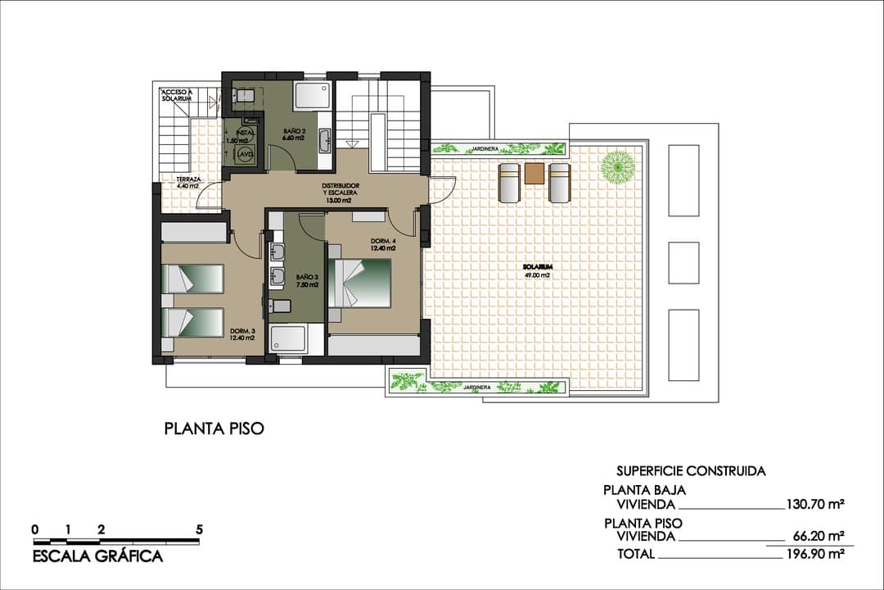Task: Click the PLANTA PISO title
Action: pos(214,429)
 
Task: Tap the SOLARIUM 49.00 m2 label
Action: pos(537,271)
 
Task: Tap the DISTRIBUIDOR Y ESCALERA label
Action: pos(339,193)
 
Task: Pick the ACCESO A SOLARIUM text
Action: pos(177,95)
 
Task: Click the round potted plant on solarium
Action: pos(617,167)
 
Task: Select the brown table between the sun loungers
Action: pos(534,173)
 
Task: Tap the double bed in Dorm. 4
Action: pos(360,284)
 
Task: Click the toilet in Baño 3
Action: pos(280,306)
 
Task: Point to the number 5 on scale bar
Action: pos(199,529)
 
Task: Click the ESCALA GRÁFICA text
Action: pos(97,557)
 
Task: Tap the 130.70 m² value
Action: pos(814,505)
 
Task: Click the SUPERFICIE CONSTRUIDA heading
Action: pos(691,471)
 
